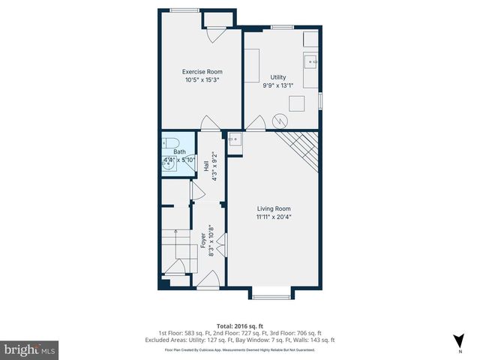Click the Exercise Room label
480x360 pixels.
202,72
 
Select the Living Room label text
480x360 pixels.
274,208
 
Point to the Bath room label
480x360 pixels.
169,152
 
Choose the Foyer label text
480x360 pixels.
203,240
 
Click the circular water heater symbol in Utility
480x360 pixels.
279,120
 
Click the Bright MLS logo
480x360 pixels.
30,349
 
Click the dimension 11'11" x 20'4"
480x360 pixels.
274,217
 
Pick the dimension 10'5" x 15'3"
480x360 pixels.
202,80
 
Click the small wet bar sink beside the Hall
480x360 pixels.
233,139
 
